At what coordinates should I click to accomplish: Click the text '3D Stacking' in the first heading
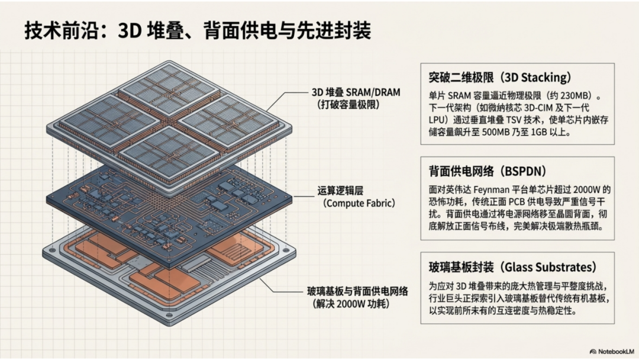(x=540, y=78)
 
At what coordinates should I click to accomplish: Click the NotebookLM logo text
(x=611, y=350)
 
